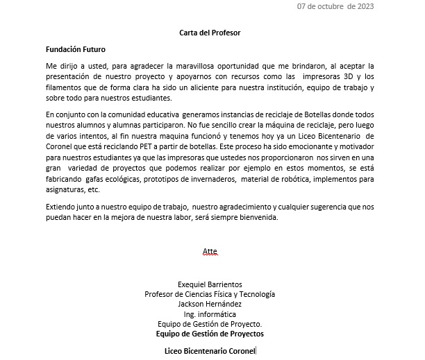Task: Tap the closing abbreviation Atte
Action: [x=210, y=250]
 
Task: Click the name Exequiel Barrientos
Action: [x=210, y=284]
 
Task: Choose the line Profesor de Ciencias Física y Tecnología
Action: [x=210, y=294]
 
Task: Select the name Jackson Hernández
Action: [x=210, y=304]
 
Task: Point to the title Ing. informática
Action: [x=210, y=314]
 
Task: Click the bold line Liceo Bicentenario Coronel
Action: [x=210, y=350]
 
